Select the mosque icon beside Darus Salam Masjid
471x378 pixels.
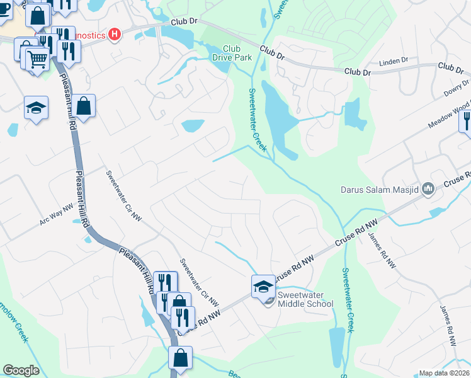point(429,188)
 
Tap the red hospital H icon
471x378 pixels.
point(115,34)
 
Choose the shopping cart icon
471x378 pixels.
point(37,60)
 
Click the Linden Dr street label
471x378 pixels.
point(394,63)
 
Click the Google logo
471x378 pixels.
point(21,370)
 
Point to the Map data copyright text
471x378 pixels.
point(445,373)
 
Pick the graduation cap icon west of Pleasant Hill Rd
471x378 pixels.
point(37,108)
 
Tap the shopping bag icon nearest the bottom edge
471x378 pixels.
point(181,357)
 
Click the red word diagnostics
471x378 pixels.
point(85,35)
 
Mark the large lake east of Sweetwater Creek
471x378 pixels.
point(275,113)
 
